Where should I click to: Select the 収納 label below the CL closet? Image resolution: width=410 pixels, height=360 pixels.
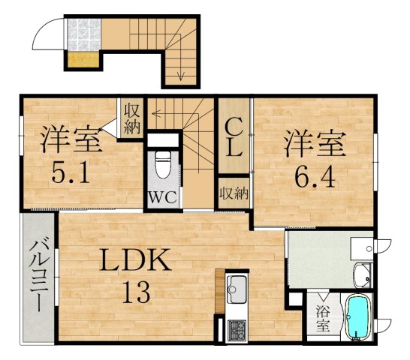pos(234,193)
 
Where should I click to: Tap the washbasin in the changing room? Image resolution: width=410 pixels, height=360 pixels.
pos(362,274)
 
